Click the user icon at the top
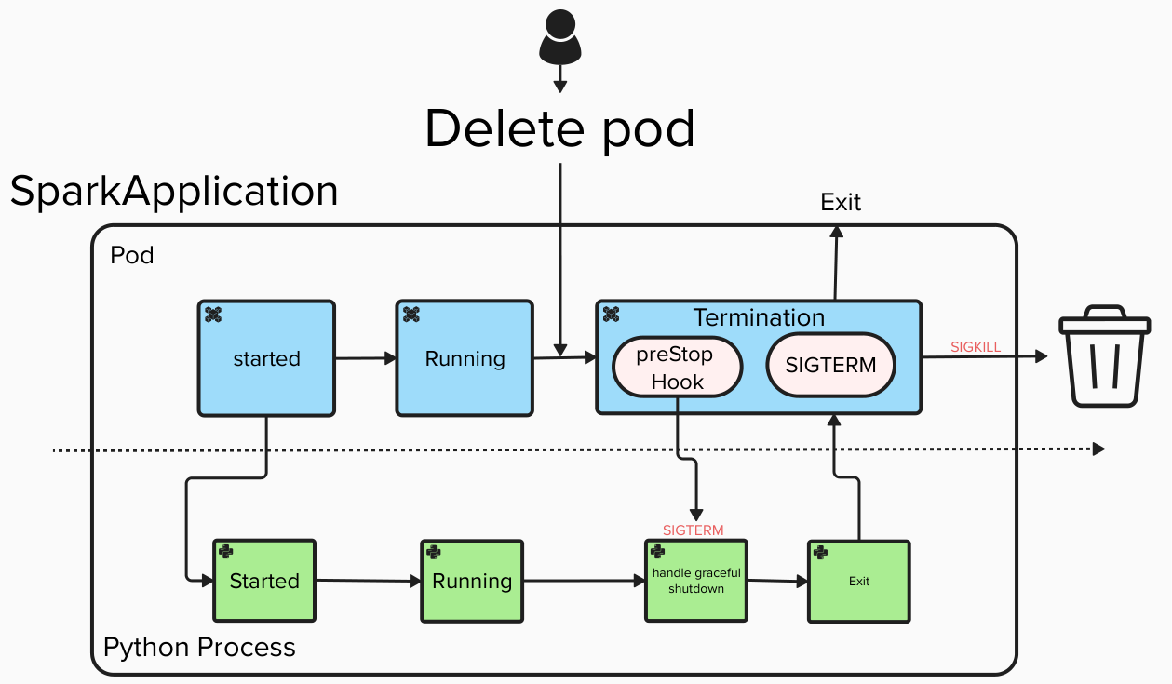tap(560, 37)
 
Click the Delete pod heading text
tap(560, 128)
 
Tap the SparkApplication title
tap(174, 192)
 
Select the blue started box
tap(266, 358)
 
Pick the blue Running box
tap(465, 358)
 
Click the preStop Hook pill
tap(677, 368)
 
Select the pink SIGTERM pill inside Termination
tap(830, 366)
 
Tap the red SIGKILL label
tap(976, 347)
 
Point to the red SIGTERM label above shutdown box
tap(693, 530)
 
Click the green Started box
tap(264, 581)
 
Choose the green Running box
tap(472, 581)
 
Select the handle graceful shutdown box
tap(696, 581)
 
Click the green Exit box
tap(858, 581)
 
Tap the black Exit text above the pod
tap(841, 203)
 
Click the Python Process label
tap(199, 648)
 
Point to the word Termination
tap(759, 317)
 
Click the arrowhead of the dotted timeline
tap(1098, 449)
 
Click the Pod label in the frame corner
tap(131, 255)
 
